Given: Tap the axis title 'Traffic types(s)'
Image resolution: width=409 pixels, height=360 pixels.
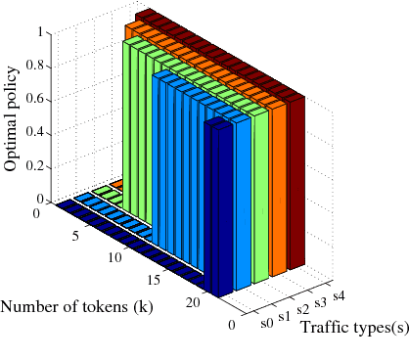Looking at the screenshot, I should (x=353, y=326).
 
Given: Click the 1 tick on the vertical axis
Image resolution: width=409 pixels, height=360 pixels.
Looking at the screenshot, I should (x=41, y=31).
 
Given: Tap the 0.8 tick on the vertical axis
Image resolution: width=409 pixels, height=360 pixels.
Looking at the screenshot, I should (x=36, y=67).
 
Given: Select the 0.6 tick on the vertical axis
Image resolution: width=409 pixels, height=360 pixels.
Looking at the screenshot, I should (x=36, y=102).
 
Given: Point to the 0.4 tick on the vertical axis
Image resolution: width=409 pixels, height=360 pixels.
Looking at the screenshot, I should (x=36, y=137).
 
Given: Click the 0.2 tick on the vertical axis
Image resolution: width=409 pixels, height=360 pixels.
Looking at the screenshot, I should (x=36, y=172).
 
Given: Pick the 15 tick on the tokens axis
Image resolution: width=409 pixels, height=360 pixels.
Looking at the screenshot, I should (x=154, y=281).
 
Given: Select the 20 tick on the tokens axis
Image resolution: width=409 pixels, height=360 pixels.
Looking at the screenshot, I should (x=194, y=303).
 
